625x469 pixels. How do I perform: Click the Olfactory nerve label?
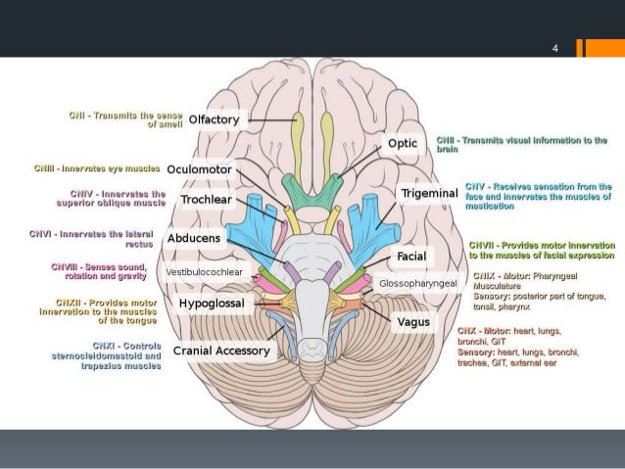click(x=214, y=119)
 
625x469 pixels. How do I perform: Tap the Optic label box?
click(x=404, y=144)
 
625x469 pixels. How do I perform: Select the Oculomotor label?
click(x=200, y=169)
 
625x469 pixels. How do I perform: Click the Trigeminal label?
click(x=429, y=194)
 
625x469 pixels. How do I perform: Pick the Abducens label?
click(x=194, y=238)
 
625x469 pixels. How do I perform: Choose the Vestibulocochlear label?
click(x=205, y=271)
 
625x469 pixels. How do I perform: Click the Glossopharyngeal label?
click(x=417, y=283)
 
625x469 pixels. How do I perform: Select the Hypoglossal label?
click(x=210, y=305)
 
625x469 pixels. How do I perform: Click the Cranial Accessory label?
click(x=220, y=351)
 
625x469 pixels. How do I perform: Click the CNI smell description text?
click(x=124, y=119)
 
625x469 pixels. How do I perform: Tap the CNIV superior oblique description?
click(x=110, y=199)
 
